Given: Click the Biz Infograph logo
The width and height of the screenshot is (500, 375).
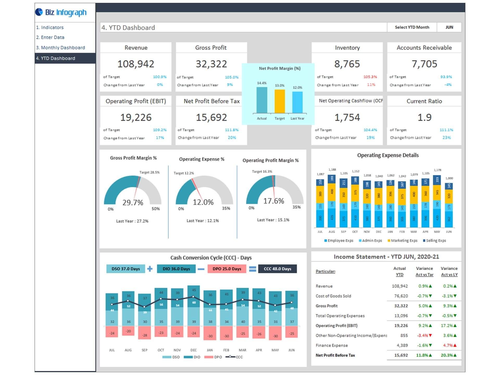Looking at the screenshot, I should [x=61, y=12].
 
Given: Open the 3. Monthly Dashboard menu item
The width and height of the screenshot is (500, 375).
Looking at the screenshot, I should [x=60, y=48].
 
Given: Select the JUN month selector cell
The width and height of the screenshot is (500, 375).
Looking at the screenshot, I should [x=449, y=27].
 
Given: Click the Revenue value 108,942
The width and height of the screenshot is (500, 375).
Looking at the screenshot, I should [x=136, y=64].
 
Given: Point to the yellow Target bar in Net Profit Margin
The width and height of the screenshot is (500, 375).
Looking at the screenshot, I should [x=279, y=101].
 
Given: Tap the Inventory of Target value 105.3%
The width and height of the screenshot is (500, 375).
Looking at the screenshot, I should [x=370, y=77].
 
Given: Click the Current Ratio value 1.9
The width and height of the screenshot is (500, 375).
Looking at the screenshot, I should [x=424, y=117].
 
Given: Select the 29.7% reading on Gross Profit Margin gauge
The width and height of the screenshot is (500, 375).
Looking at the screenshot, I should [x=133, y=203].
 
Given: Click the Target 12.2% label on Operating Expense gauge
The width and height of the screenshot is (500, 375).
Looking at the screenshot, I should [x=184, y=173].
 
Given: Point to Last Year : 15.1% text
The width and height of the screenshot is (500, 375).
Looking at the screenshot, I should [x=273, y=220].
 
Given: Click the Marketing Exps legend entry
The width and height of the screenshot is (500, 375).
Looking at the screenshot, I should [x=402, y=241].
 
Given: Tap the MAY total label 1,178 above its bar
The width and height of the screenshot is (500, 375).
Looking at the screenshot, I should [x=437, y=170].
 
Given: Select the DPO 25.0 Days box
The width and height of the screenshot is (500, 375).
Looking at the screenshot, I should [x=227, y=269].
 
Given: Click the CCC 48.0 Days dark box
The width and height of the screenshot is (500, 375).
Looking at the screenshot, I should [x=277, y=269].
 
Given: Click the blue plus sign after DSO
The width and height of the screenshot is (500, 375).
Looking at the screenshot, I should [x=150, y=269].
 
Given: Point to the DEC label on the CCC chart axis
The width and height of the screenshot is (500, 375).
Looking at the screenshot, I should [x=193, y=350].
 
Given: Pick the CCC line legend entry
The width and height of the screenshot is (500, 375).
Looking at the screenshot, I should [x=234, y=357].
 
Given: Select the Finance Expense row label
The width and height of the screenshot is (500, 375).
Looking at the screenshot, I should [x=332, y=346].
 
